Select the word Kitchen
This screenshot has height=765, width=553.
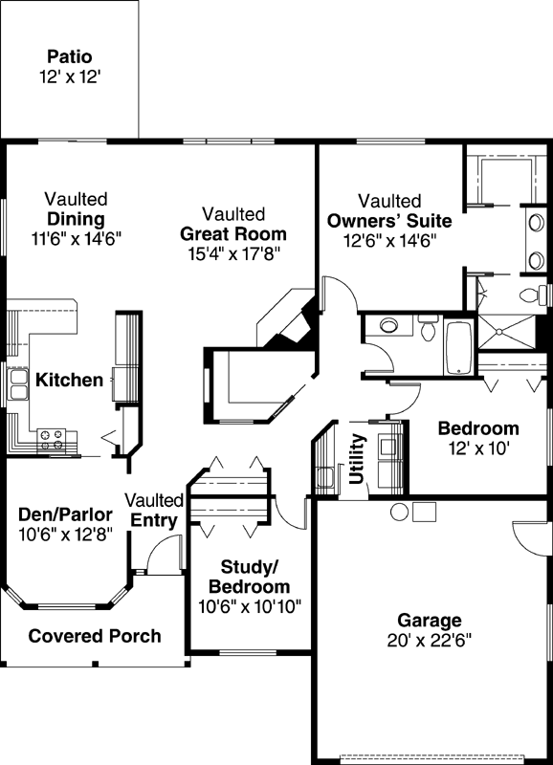click(69, 381)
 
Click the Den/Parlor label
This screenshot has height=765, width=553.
click(66, 514)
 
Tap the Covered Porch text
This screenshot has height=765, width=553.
click(94, 636)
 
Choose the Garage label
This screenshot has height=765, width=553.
click(431, 620)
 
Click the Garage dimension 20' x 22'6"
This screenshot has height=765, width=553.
click(431, 638)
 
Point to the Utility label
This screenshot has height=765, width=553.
click(358, 459)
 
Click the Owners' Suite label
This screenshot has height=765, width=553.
click(389, 221)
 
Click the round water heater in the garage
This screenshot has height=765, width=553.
click(399, 512)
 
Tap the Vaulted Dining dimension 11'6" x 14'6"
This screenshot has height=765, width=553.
click(76, 235)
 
